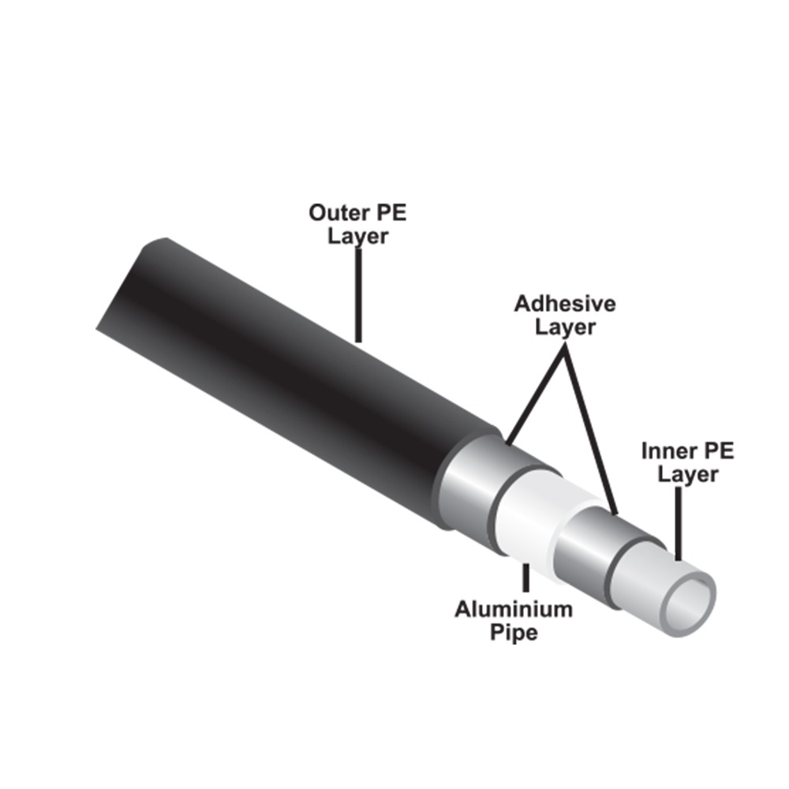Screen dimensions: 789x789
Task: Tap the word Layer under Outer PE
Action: click(357, 237)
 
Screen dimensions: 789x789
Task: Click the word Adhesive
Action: click(565, 304)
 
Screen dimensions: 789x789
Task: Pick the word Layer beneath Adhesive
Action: click(565, 327)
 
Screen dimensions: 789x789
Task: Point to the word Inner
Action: click(667, 451)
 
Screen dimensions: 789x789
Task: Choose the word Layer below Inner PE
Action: click(688, 474)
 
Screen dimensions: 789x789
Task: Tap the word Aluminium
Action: click(514, 609)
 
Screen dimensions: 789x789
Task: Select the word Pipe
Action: click(514, 633)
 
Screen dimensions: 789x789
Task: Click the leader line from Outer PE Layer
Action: click(358, 295)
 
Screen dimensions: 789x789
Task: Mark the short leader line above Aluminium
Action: click(525, 578)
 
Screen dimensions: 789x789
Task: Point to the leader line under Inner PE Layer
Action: click(679, 523)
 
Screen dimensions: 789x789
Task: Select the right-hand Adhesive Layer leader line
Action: click(591, 428)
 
